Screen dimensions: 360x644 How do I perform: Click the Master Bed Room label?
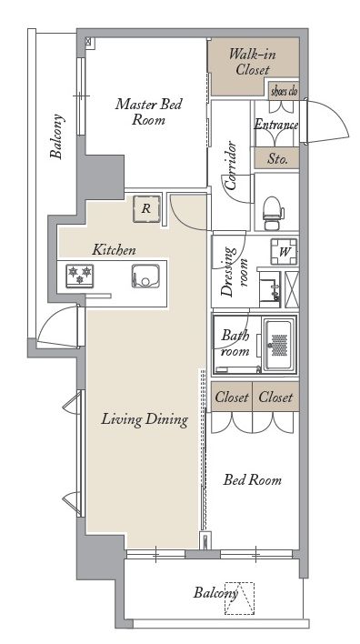click(x=148, y=112)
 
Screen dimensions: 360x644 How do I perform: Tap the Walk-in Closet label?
click(x=253, y=62)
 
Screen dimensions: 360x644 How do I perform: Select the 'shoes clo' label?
click(x=284, y=92)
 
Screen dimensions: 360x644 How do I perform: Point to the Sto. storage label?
click(x=277, y=159)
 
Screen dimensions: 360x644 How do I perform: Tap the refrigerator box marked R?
click(x=146, y=209)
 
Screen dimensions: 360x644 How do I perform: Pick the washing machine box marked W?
click(x=284, y=251)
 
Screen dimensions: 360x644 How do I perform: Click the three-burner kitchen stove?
click(x=80, y=276)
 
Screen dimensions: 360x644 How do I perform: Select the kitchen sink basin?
click(x=145, y=276)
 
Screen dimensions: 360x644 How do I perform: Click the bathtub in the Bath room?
click(x=279, y=345)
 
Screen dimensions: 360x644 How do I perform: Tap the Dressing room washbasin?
click(x=270, y=289)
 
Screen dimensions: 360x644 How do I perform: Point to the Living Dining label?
click(x=145, y=419)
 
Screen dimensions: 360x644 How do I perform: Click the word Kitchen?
click(x=114, y=250)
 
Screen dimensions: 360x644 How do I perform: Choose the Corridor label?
click(x=231, y=166)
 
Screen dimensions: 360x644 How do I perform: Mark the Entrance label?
click(x=276, y=125)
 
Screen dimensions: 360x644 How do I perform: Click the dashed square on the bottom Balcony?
click(x=239, y=599)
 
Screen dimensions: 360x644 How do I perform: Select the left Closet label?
click(x=232, y=397)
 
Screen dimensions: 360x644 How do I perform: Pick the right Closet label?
click(x=275, y=397)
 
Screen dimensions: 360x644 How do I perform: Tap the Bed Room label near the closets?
click(x=253, y=479)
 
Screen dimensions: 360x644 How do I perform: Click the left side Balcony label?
click(x=56, y=136)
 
